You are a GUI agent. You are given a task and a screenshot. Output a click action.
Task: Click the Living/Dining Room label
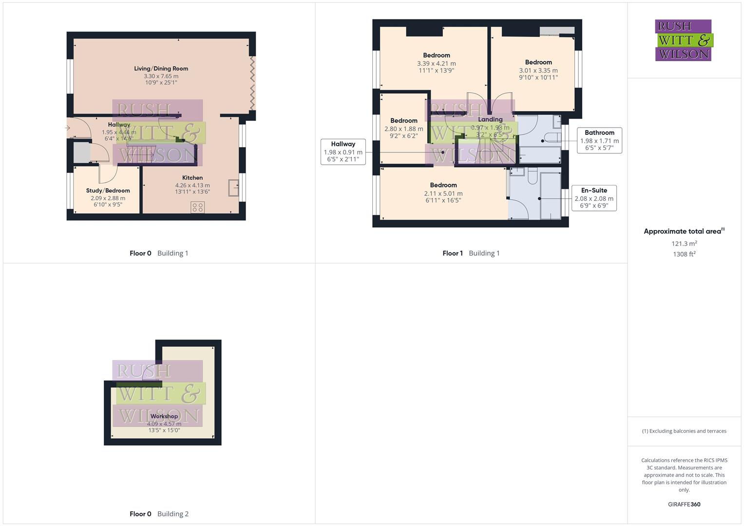(x=161, y=69)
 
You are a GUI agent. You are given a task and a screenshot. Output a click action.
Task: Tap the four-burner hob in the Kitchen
(x=197, y=207)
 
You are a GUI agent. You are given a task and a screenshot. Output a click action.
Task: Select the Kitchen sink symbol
(x=233, y=188)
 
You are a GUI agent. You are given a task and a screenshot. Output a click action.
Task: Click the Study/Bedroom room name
(x=108, y=190)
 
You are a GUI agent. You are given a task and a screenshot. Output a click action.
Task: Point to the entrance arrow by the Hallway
(x=67, y=128)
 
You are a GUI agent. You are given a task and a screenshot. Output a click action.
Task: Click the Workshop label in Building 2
(x=164, y=416)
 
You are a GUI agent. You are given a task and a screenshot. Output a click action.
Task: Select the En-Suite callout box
(x=594, y=198)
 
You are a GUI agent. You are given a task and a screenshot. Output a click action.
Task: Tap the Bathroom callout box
(x=599, y=140)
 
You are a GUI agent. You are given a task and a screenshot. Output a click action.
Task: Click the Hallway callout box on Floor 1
(x=343, y=151)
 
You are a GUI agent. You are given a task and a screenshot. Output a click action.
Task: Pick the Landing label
(x=490, y=119)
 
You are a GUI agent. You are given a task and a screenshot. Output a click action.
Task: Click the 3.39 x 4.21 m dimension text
(x=437, y=63)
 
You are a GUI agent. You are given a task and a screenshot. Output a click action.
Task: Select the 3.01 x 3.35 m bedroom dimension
(x=538, y=70)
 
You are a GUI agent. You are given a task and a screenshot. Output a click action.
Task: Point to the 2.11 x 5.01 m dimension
(x=443, y=193)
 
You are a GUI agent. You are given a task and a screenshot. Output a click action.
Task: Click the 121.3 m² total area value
(x=684, y=244)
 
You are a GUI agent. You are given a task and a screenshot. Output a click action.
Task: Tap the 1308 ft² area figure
(x=684, y=254)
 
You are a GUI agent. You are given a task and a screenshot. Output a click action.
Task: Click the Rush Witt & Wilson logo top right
(x=684, y=40)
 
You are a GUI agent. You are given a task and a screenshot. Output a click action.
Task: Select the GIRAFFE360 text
(x=684, y=504)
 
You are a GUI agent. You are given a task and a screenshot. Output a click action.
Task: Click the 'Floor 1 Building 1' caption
(x=471, y=253)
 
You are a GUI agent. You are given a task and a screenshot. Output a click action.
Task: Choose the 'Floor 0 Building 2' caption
(x=159, y=514)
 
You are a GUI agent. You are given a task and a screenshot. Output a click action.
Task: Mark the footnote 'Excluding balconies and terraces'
(x=684, y=431)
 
